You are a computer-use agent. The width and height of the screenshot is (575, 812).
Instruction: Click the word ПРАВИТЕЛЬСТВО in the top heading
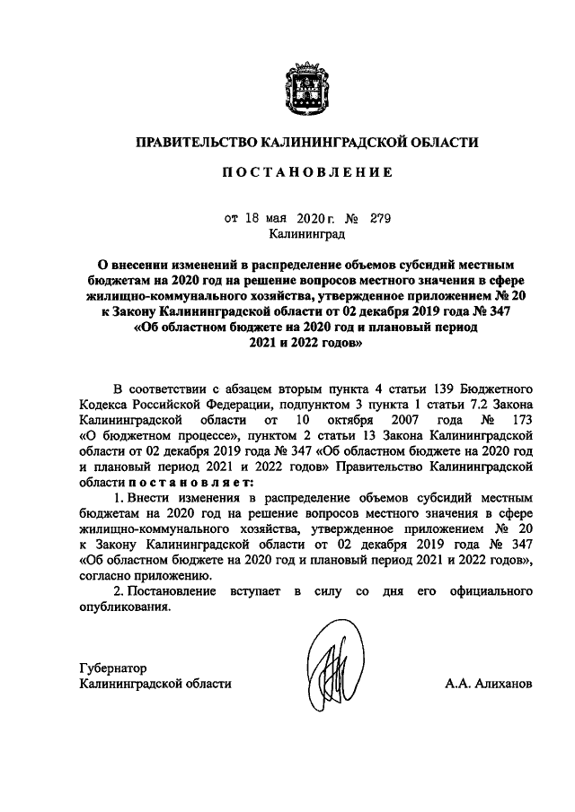coord(194,142)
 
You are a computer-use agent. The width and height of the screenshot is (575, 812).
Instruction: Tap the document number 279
coord(380,217)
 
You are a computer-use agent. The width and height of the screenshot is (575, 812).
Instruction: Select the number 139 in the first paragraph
coord(441,389)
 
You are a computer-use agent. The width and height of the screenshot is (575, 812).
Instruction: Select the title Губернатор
coord(112,668)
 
